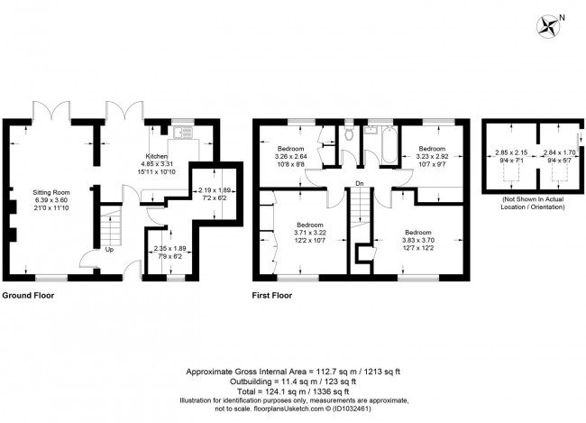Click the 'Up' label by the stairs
tap(109, 249)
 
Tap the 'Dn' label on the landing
tap(359, 184)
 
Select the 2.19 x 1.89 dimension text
tap(215, 191)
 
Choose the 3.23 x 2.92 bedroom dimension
tap(432, 155)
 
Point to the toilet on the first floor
tap(348, 136)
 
